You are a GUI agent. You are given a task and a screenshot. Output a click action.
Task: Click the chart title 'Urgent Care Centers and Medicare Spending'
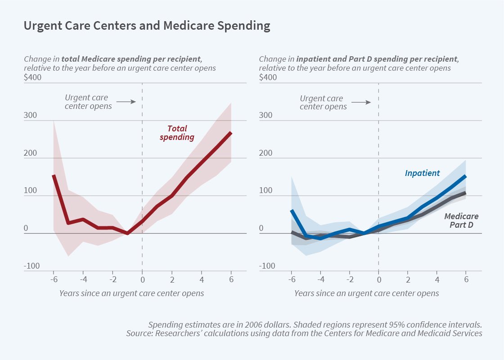(x=147, y=26)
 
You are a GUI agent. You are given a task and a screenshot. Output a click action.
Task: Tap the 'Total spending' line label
(x=177, y=133)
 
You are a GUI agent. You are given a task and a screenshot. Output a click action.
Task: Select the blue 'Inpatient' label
(x=422, y=173)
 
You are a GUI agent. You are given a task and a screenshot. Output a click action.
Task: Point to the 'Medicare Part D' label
(x=461, y=220)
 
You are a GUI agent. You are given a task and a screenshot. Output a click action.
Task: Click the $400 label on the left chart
(x=32, y=77)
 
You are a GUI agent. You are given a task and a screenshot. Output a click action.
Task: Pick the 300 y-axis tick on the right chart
(x=266, y=115)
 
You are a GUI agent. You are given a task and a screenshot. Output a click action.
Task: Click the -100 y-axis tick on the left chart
(x=31, y=266)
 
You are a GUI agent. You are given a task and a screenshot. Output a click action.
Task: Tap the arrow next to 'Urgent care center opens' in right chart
(x=361, y=102)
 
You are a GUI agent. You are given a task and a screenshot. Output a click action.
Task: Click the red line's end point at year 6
(x=231, y=132)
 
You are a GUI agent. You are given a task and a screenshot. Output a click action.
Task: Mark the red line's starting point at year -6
(x=54, y=175)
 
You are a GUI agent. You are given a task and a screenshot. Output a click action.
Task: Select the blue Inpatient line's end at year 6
(x=466, y=176)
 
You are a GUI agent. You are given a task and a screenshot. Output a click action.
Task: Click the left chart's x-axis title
(x=131, y=293)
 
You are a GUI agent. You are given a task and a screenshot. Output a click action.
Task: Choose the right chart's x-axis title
(x=366, y=293)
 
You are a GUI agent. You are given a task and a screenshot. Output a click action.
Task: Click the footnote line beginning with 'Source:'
(x=304, y=333)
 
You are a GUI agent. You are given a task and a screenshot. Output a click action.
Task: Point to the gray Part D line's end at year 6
(x=466, y=193)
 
